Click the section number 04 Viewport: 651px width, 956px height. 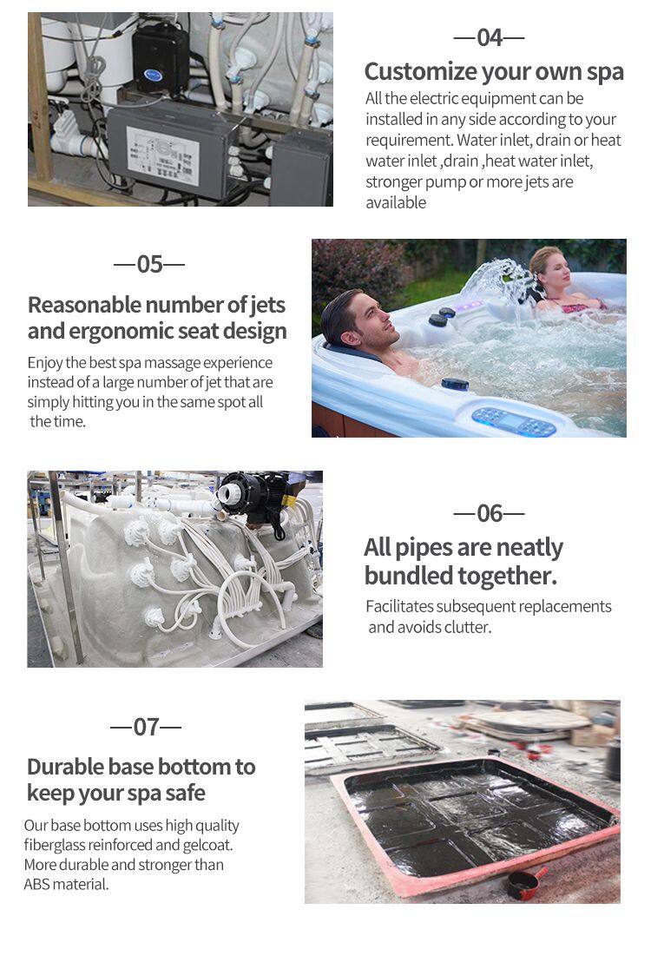tap(490, 38)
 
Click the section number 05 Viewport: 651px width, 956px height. tap(149, 265)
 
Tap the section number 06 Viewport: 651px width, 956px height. tap(490, 513)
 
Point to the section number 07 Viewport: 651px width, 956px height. tap(147, 727)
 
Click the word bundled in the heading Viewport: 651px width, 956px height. tap(410, 576)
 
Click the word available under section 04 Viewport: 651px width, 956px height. tap(396, 203)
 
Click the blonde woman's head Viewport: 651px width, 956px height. tap(549, 268)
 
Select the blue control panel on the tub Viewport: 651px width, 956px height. tap(515, 421)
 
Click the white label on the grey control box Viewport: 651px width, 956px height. tap(163, 156)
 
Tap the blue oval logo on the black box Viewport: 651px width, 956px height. tap(153, 75)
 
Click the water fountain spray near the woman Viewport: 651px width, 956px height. tap(496, 280)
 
